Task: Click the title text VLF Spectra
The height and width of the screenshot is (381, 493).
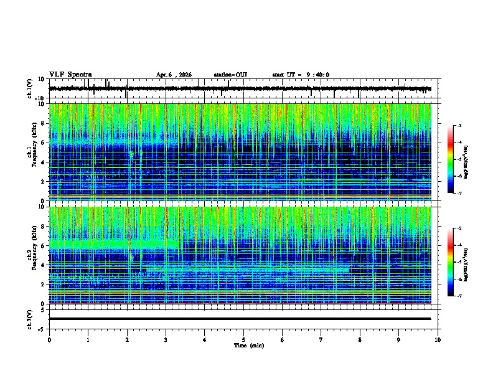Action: click(70, 74)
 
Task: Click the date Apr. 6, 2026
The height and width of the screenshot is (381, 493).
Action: click(174, 75)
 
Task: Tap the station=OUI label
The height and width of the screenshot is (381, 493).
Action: click(230, 75)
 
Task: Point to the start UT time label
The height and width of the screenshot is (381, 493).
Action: click(301, 75)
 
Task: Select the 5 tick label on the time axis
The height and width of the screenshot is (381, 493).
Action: click(243, 340)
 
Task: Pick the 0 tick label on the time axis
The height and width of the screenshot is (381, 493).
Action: click(49, 340)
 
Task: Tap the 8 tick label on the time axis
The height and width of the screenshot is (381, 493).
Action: click(360, 340)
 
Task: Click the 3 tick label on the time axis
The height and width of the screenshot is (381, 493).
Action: click(166, 340)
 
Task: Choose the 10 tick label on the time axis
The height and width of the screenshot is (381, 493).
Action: click(438, 340)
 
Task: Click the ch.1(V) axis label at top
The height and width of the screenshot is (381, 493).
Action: click(30, 89)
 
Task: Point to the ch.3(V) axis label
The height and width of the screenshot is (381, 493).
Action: click(30, 319)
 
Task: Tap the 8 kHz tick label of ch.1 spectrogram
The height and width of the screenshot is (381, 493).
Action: click(42, 124)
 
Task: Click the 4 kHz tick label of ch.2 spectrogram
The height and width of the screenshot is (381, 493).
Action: click(42, 265)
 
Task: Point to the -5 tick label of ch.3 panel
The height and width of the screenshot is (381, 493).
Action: click(41, 328)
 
